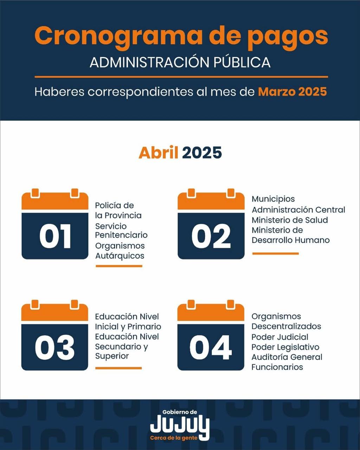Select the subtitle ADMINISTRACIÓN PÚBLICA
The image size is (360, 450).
180,62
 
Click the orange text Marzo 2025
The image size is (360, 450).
292,92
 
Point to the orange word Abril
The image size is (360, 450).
158,153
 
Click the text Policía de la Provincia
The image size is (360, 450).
118,210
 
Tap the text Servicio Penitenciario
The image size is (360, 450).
121,230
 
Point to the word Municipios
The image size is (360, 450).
273,199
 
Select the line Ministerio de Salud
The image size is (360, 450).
290,220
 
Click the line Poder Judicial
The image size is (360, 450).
280,337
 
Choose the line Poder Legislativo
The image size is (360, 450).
285,347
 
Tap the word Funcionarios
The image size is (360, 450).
277,367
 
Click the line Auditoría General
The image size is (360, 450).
287,357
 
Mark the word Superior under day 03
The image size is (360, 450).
112,356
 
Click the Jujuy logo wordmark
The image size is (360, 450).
180,426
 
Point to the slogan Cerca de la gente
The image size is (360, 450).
174,438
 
